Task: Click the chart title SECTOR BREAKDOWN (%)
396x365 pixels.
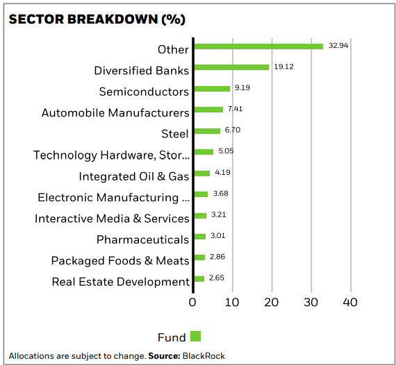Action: click(97, 19)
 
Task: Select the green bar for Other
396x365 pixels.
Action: click(258, 46)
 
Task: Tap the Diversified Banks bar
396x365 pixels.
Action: click(231, 67)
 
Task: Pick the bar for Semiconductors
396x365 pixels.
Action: click(212, 89)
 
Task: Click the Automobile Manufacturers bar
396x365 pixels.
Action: click(208, 110)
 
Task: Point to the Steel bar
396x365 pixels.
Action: click(207, 130)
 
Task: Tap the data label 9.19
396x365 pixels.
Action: click(242, 88)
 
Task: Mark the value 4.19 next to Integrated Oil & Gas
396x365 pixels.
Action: click(222, 172)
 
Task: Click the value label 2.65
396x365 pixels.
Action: click(216, 278)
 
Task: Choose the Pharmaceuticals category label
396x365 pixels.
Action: click(142, 239)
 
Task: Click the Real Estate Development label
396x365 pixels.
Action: click(120, 282)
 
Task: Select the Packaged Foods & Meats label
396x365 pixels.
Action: click(119, 261)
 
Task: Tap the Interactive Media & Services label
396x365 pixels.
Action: click(112, 219)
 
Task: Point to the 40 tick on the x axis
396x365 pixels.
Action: click(350, 303)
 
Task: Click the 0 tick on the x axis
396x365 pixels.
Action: click(193, 303)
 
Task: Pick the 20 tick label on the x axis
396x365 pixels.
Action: click(272, 303)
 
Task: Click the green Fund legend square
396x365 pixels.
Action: click(195, 337)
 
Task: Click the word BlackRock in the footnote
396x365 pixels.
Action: click(204, 356)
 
